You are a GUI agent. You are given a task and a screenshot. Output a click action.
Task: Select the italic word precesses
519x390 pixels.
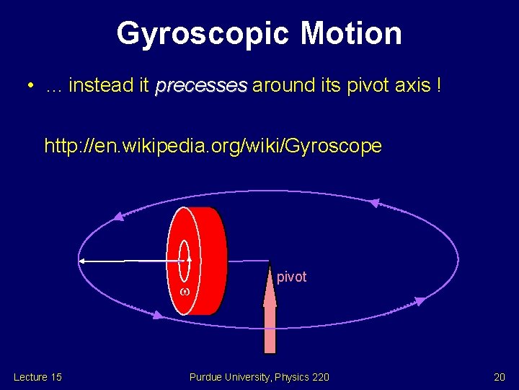(201, 87)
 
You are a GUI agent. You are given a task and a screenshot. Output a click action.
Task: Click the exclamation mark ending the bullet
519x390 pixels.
(438, 87)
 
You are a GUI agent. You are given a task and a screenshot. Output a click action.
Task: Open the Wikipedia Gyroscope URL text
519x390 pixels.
(213, 147)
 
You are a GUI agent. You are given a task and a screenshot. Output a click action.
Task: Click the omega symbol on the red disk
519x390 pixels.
(184, 291)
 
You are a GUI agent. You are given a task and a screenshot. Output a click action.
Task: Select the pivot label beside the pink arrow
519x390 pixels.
(292, 277)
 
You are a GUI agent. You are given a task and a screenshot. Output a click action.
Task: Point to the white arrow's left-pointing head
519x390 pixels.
(83, 260)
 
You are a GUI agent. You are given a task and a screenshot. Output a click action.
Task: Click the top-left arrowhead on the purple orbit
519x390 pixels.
(118, 216)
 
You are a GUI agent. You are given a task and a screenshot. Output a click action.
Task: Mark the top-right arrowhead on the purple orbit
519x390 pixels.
(373, 204)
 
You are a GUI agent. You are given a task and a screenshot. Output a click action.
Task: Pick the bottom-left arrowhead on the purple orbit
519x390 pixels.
(157, 314)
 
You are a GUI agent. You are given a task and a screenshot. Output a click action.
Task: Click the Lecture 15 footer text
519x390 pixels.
(37, 377)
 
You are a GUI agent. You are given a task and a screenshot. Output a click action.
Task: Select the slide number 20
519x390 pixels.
(499, 377)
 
